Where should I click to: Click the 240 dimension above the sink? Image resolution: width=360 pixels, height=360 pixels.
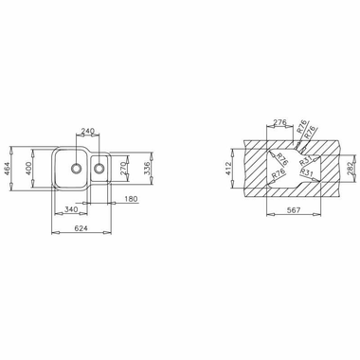[x=87, y=132]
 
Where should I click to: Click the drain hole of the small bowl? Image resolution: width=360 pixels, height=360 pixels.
[x=99, y=171]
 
